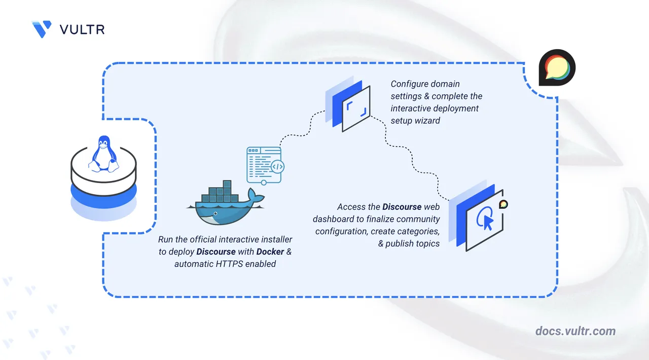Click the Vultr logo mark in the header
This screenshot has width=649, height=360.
point(41,29)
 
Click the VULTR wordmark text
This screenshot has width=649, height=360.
point(82,29)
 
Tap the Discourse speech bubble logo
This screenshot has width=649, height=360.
point(557,67)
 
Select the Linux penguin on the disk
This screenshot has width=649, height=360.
point(103,153)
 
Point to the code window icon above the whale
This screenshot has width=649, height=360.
point(264,165)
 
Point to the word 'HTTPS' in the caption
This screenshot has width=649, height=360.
point(229,264)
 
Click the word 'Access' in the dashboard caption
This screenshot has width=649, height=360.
point(351,207)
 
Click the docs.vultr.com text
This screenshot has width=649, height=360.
point(575,331)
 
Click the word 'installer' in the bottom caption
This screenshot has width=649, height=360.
point(275,239)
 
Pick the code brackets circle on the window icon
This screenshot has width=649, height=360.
point(277,166)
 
